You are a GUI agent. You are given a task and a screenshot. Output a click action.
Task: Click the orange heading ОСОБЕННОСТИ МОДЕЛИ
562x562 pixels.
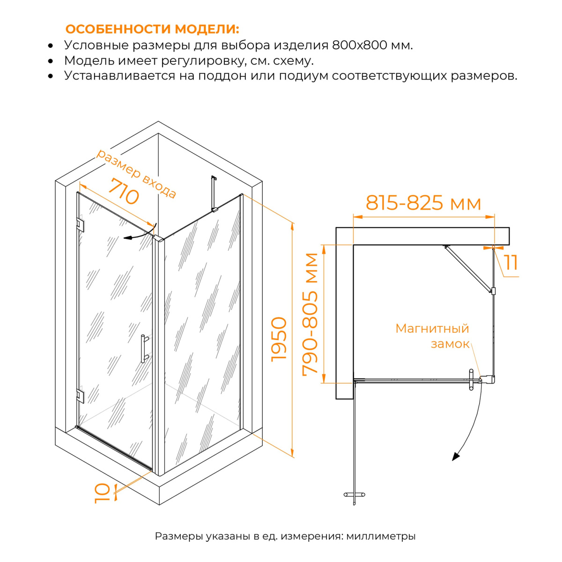pos(152,30)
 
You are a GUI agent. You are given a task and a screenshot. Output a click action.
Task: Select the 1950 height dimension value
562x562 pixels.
pos(279,340)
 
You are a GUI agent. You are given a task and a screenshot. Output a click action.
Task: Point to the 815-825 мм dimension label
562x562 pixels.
pos(423,203)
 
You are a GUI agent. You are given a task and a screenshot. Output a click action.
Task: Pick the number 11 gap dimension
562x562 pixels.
pos(511,262)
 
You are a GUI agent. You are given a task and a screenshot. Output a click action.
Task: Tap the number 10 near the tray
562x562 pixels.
pos(102,493)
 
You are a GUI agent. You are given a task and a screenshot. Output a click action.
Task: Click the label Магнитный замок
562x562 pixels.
pos(432,336)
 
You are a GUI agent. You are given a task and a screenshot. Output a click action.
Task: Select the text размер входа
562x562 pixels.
pos(136,174)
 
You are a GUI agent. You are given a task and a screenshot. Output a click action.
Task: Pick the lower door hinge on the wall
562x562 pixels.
pos(80,396)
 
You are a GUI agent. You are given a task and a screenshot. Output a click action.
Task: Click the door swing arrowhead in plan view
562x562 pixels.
pos(456,457)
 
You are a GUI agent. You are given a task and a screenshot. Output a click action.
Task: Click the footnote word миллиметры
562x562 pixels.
pos(381,536)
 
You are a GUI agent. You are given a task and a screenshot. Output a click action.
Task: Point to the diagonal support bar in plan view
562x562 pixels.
pos(468,269)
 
